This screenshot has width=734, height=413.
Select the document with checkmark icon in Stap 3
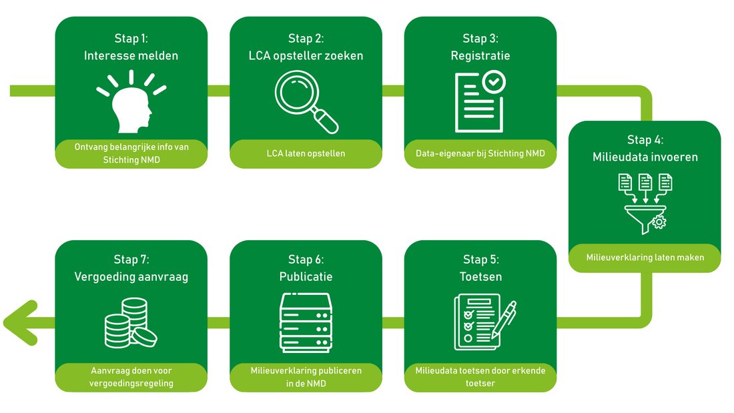pos(480,102)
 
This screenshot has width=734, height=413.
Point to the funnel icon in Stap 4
pos(645,203)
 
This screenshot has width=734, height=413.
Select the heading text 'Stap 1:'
pos(131,39)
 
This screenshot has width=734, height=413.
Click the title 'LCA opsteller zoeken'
pos(306,55)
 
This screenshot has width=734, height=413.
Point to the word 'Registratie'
pos(480,55)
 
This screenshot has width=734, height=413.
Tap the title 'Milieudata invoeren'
pos(645,157)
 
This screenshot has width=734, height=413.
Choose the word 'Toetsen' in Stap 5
pos(480,276)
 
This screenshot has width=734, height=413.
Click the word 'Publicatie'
pos(306,276)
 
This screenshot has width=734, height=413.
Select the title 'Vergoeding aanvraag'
pos(131,276)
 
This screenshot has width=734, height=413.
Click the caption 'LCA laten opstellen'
pos(306,153)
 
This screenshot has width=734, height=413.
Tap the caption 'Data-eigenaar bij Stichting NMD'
pos(480,153)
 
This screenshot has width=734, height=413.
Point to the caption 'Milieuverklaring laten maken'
pos(645,258)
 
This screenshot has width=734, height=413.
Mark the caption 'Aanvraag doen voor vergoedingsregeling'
pos(131,377)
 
